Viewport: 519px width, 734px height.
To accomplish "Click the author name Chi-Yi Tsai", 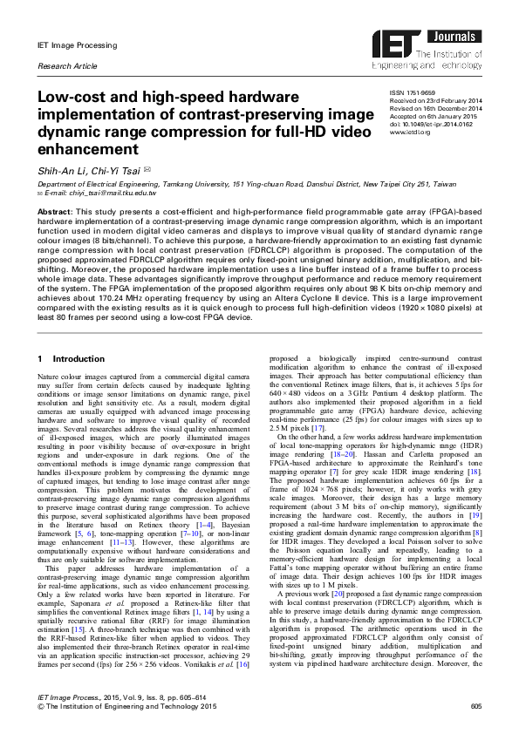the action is (x=111, y=170).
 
